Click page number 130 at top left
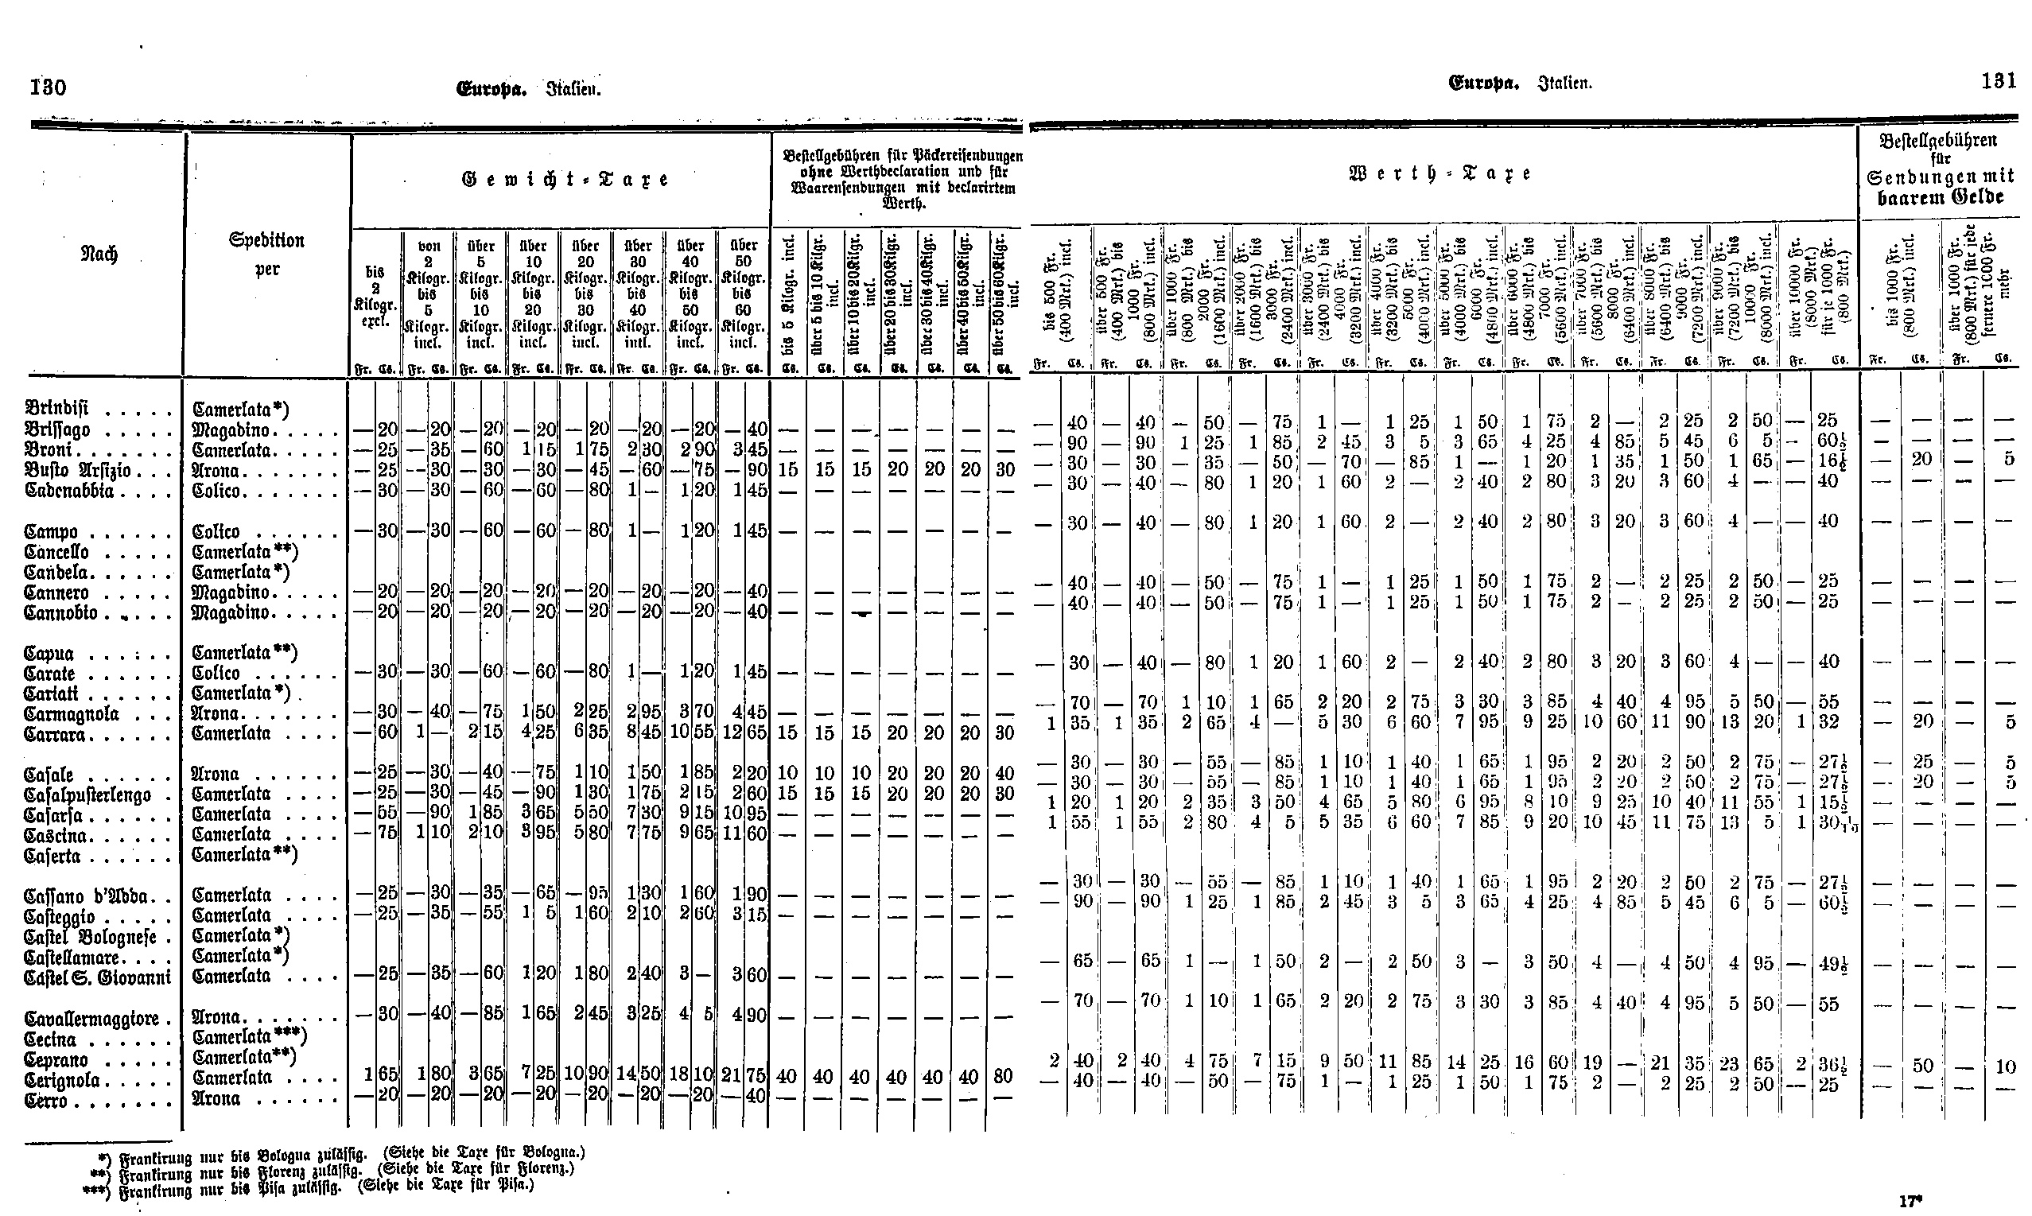tap(49, 87)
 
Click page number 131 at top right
tap(1999, 81)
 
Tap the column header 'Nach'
tap(100, 254)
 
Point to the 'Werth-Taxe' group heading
tap(1440, 173)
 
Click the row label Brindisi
tap(57, 408)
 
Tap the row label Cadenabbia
tap(70, 491)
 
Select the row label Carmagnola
tap(72, 713)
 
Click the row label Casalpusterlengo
tap(88, 794)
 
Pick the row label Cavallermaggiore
tap(91, 1019)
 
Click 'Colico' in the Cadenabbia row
tap(216, 491)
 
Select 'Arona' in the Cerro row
tap(216, 1099)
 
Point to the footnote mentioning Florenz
tap(334, 1169)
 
